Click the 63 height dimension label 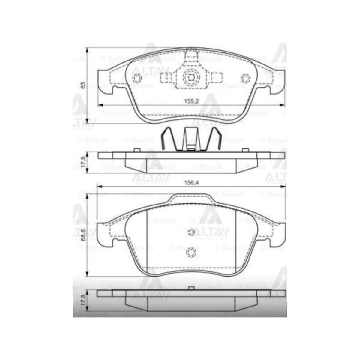84,85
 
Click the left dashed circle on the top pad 137,79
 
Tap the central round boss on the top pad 191,78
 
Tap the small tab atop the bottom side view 191,289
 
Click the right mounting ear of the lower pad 277,232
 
